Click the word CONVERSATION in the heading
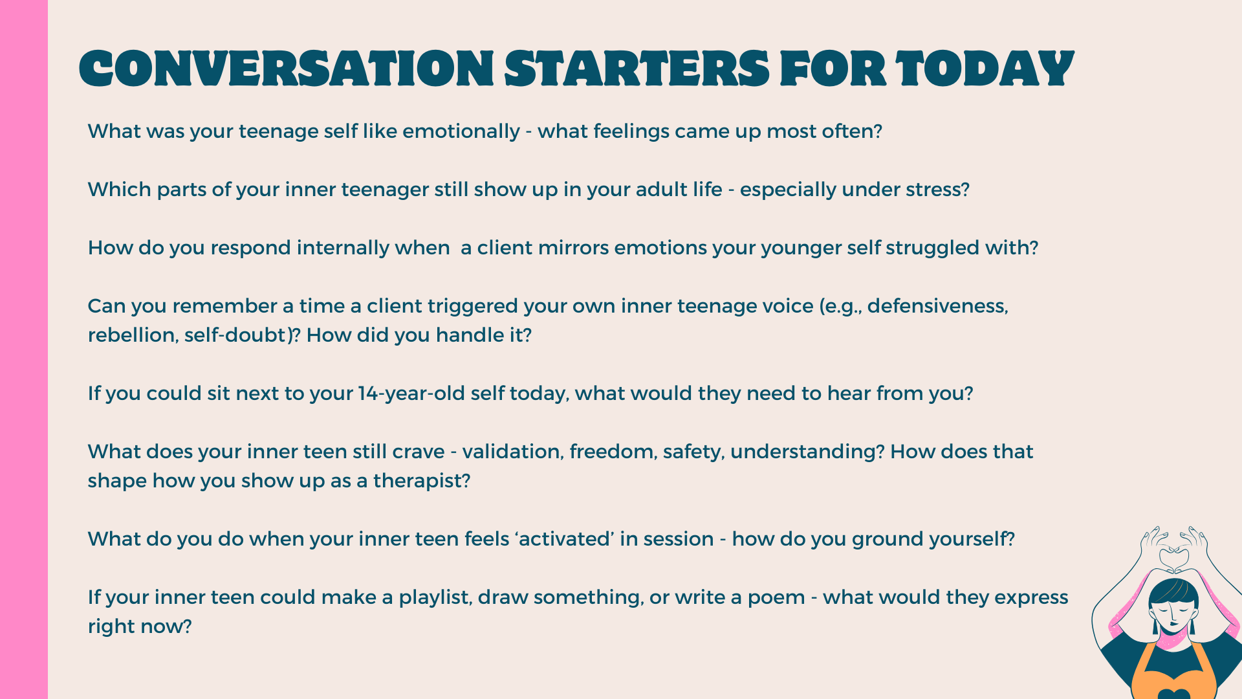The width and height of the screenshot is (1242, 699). coord(287,69)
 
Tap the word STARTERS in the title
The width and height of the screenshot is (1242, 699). coord(637,69)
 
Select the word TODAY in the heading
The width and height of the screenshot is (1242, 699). coord(985,69)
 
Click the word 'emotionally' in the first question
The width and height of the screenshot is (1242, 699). coord(461,132)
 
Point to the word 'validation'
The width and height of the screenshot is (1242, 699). coord(511,452)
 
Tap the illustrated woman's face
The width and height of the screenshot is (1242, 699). coord(1173,616)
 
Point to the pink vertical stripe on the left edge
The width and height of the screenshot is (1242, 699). coord(24,349)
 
